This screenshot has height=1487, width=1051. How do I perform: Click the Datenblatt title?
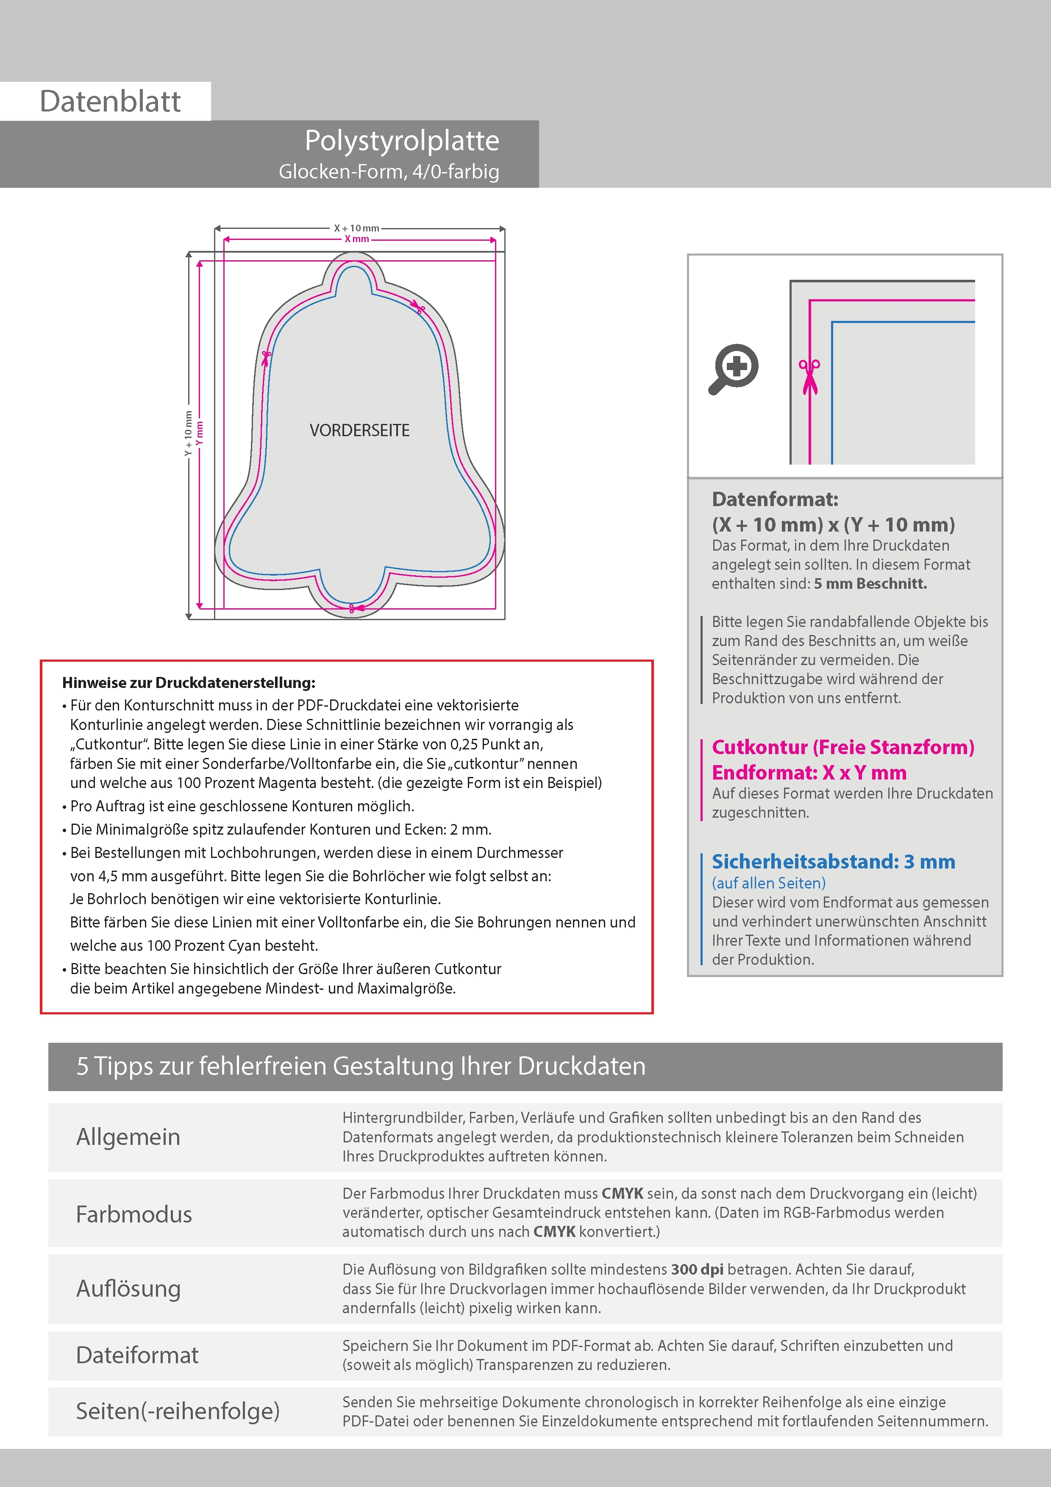click(x=110, y=102)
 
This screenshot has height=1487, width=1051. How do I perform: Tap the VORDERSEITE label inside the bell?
click(x=359, y=431)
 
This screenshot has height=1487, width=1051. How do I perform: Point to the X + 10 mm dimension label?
click(x=356, y=228)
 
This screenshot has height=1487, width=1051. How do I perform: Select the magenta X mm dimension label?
click(x=356, y=239)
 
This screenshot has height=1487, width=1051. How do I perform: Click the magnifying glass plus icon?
click(x=734, y=368)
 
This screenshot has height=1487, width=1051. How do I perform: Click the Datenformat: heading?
click(x=775, y=499)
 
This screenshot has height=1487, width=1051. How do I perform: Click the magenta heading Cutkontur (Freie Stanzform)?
click(x=842, y=747)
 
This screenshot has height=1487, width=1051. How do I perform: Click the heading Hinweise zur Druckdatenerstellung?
click(x=189, y=682)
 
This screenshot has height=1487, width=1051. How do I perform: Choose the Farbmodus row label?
click(x=134, y=1214)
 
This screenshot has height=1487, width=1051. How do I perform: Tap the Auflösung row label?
click(x=128, y=1288)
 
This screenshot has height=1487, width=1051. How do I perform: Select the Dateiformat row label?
click(x=137, y=1355)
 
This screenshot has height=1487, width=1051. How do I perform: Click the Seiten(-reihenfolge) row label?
click(x=178, y=1411)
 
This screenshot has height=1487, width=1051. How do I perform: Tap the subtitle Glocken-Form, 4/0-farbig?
click(x=389, y=172)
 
